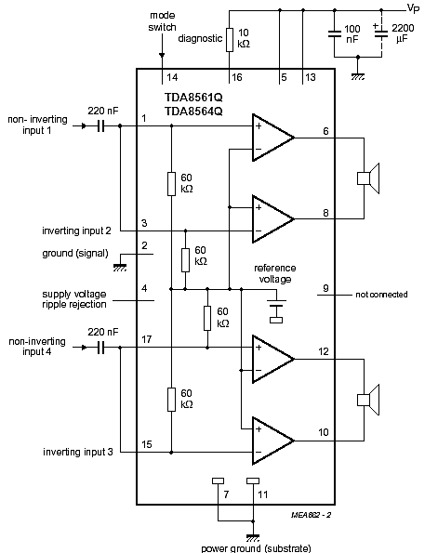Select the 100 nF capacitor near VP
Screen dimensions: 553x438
pyautogui.click(x=332, y=39)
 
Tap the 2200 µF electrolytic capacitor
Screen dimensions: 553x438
pyautogui.click(x=378, y=39)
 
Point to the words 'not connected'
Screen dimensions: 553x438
pyautogui.click(x=381, y=295)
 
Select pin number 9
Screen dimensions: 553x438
pyautogui.click(x=325, y=287)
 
